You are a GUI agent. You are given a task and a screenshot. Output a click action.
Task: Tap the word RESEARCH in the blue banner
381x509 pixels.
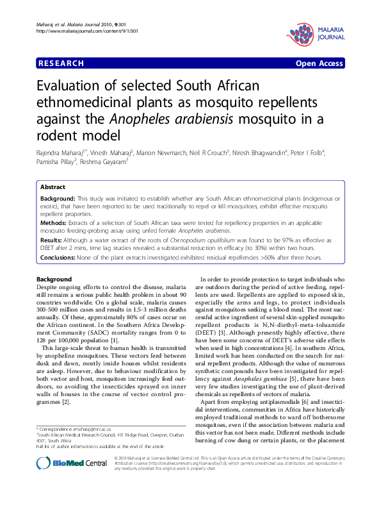[x=61, y=63]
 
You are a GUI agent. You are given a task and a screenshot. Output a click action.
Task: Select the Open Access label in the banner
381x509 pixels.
[x=320, y=63]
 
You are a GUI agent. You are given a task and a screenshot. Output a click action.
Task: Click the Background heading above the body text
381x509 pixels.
[x=54, y=280]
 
